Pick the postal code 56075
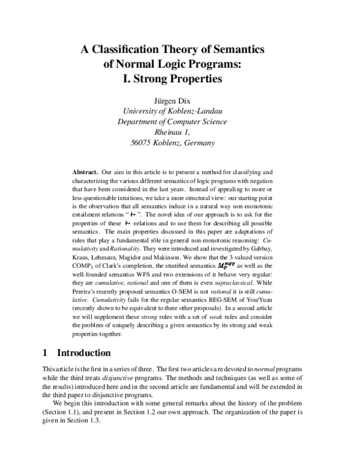pos(143,144)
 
